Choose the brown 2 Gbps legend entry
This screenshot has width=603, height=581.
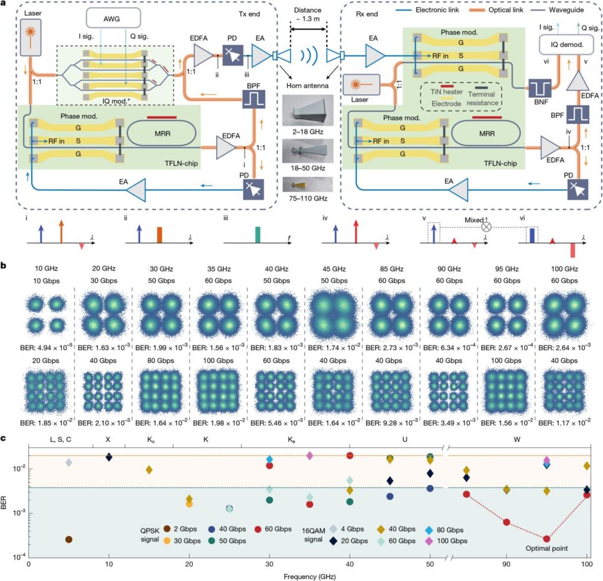point(169,528)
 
